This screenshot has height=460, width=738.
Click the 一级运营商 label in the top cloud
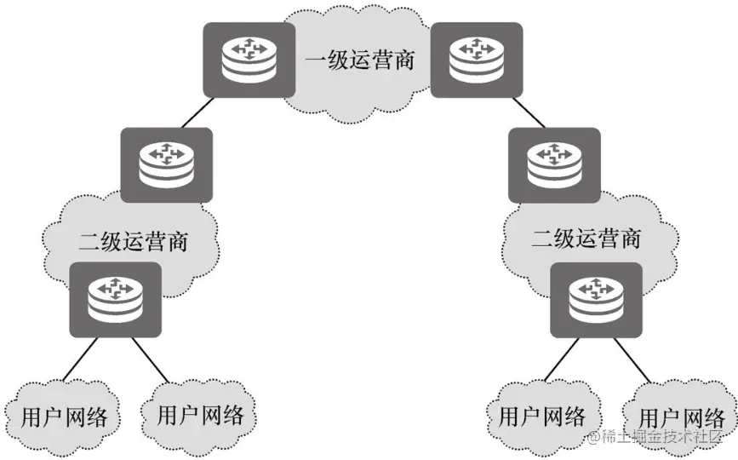click(360, 60)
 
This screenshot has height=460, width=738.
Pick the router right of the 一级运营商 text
click(476, 59)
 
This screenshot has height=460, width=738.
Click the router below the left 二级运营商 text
click(116, 299)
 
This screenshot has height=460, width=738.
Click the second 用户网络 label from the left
click(201, 415)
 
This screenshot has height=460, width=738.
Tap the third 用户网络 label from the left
click(542, 416)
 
